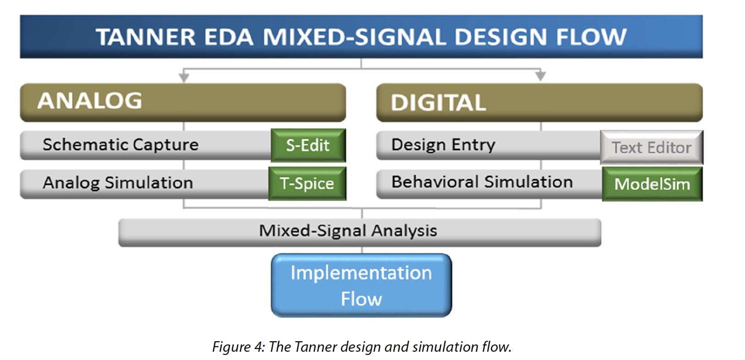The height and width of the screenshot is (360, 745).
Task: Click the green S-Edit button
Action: tap(308, 145)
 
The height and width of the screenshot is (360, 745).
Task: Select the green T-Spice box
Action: tap(307, 184)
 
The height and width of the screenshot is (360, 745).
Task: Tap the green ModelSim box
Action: tap(652, 184)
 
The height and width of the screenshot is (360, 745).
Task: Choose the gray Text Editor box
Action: tap(652, 147)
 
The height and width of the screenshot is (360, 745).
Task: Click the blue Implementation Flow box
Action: tap(362, 285)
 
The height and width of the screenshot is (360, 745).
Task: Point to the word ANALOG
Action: tap(90, 100)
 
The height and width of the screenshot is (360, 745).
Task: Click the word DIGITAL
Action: tap(438, 103)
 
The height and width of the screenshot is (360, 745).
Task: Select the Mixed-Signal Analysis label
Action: tap(348, 231)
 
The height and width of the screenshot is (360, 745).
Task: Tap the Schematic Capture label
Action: tap(121, 145)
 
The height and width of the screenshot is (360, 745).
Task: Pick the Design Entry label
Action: tap(444, 145)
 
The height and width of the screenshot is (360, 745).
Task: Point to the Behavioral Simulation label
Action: tap(482, 182)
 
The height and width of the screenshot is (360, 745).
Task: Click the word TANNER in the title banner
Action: tap(146, 37)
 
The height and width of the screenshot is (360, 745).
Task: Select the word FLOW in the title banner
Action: tap(592, 37)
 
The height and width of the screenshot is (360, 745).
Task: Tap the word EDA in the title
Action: tap(229, 37)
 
